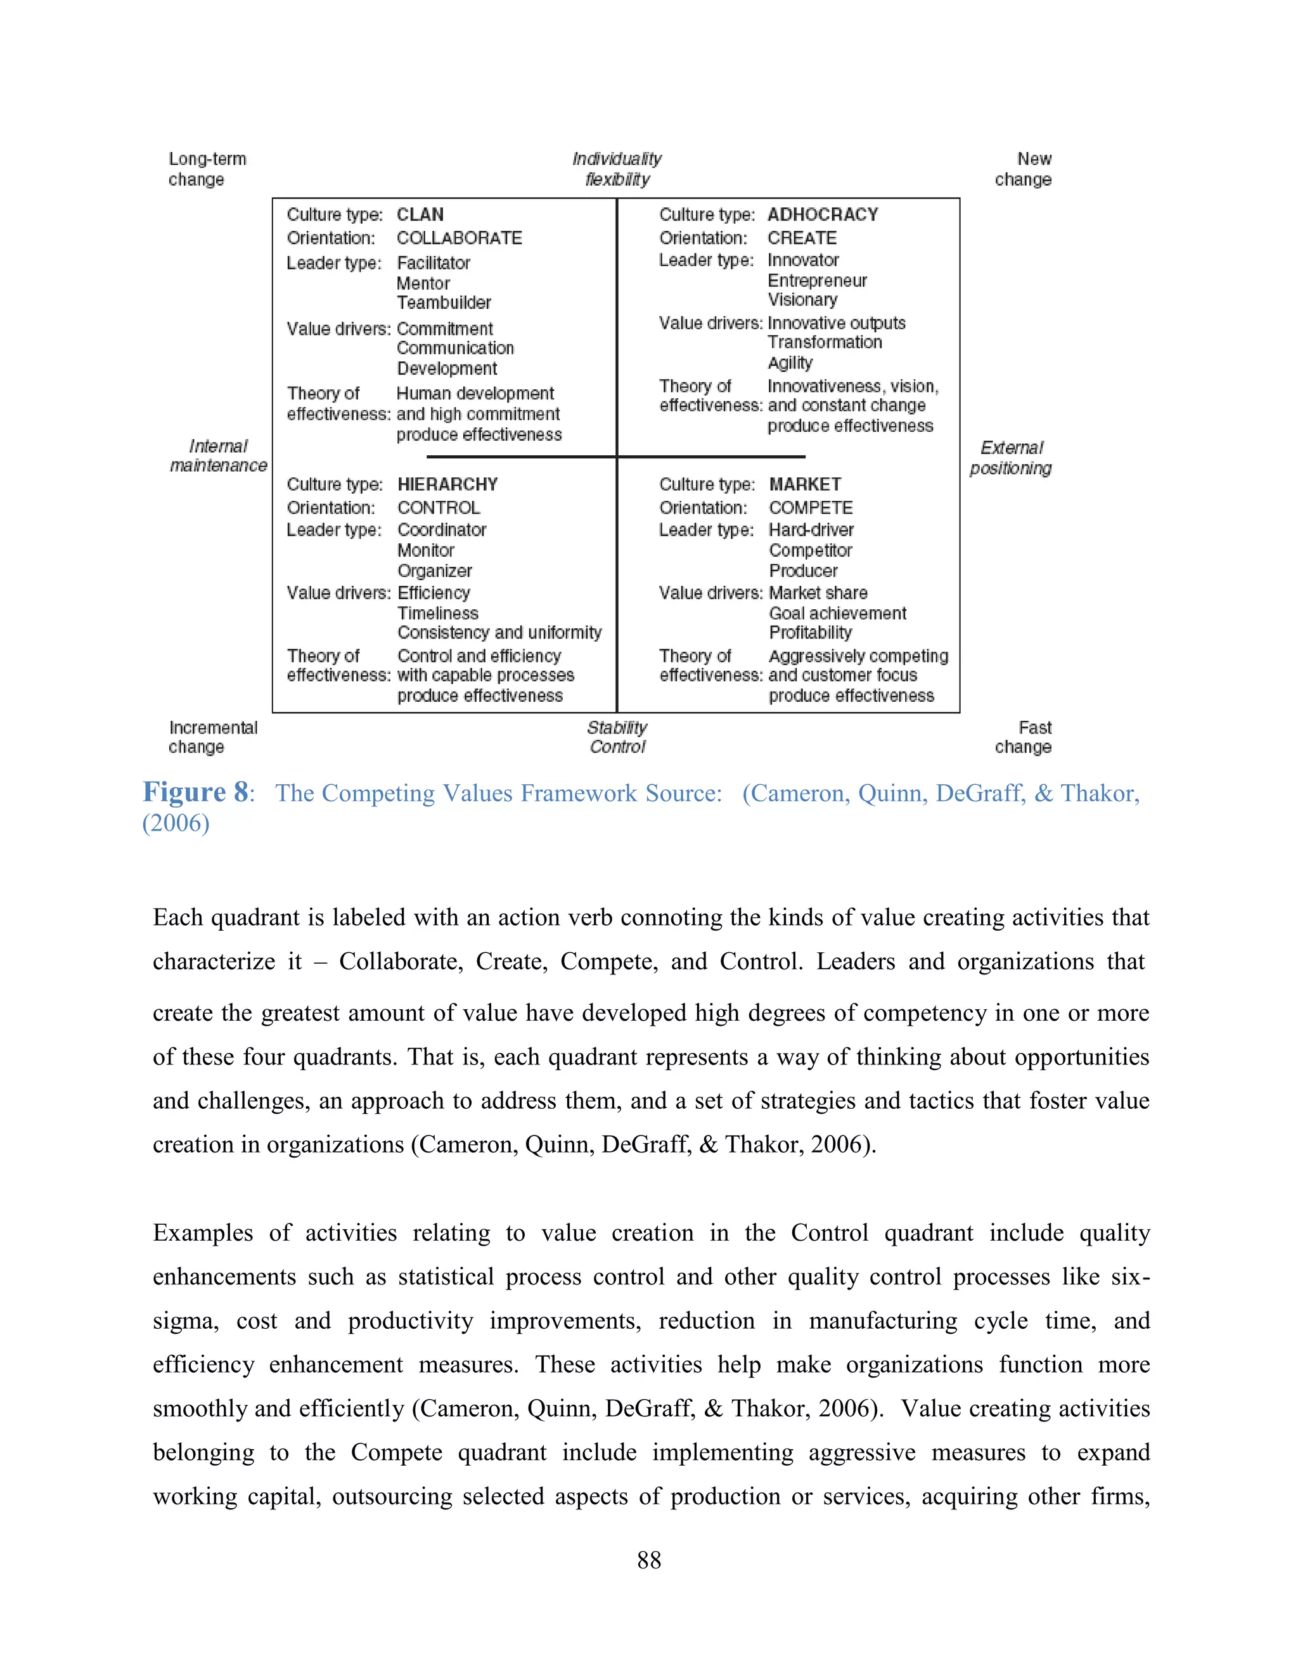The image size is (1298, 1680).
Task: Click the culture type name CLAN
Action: [420, 215]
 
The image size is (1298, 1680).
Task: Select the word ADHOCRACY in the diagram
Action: [822, 215]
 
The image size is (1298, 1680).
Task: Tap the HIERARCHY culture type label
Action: [447, 484]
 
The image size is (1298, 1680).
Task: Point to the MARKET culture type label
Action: [804, 484]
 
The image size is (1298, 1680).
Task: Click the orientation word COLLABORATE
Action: [459, 238]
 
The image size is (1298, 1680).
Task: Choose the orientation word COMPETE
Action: [811, 508]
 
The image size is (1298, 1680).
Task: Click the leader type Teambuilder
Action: [444, 302]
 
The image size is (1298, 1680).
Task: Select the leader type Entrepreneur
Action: [816, 281]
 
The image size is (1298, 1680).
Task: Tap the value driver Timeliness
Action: [437, 613]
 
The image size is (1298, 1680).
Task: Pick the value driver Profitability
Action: [811, 632]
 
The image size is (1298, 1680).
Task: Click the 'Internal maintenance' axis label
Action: [219, 456]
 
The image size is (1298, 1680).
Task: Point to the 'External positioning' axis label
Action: [1010, 458]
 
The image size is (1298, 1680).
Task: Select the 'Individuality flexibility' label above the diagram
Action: [617, 169]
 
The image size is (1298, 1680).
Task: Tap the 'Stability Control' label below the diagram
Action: [617, 737]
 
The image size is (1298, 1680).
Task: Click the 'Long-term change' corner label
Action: [206, 169]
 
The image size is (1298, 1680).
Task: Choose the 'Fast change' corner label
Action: [1023, 737]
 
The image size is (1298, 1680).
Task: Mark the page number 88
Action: [648, 1560]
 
